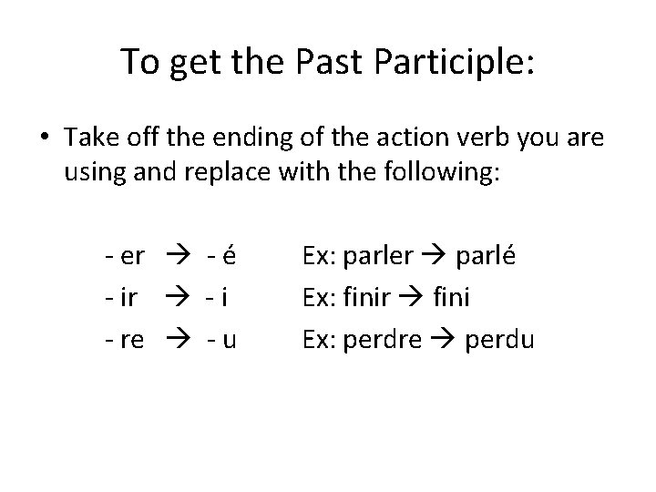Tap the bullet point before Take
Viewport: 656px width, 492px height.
(46, 137)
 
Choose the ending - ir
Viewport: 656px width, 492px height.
(119, 298)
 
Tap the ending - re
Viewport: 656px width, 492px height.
(123, 340)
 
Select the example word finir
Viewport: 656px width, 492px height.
(365, 298)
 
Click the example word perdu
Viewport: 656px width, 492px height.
(499, 340)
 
